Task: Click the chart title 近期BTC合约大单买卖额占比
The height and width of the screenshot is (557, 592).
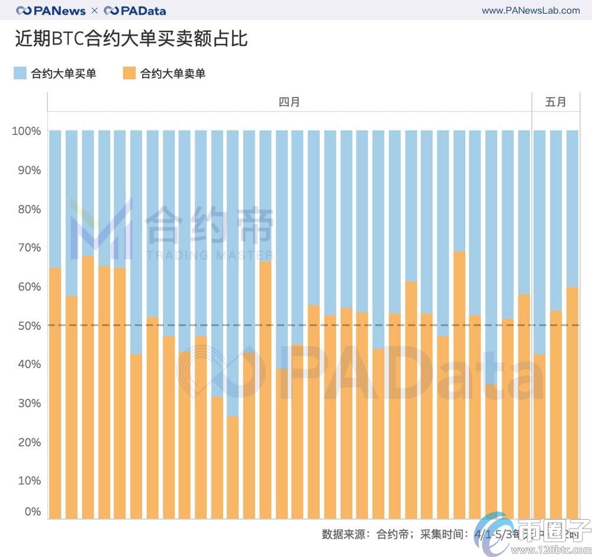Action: click(131, 39)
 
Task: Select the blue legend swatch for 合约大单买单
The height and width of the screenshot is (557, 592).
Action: click(20, 73)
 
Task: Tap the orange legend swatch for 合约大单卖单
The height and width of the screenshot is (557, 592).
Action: click(128, 73)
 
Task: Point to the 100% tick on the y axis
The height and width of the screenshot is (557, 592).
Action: click(27, 131)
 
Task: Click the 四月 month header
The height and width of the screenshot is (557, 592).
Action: click(289, 102)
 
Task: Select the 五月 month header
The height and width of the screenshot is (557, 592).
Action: click(555, 102)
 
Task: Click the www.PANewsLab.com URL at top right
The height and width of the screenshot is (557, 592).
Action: click(530, 11)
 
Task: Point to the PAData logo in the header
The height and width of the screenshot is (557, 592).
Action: click(135, 11)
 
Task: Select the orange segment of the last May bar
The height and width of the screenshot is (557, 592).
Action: click(572, 403)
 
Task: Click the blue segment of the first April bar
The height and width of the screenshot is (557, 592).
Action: click(55, 199)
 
